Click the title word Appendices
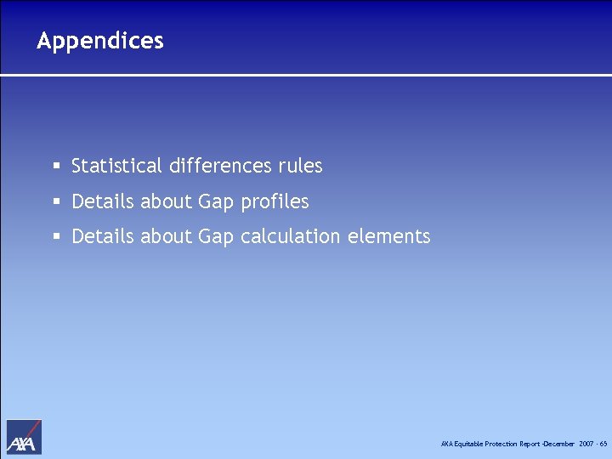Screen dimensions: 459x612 tap(100, 41)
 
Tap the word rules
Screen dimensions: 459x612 tap(300, 166)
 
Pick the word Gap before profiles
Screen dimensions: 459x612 tap(215, 202)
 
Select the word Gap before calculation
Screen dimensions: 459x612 tap(215, 237)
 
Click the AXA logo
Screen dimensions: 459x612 tap(24, 437)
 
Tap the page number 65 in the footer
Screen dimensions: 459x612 tap(603, 444)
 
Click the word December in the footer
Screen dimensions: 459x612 tap(559, 444)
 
